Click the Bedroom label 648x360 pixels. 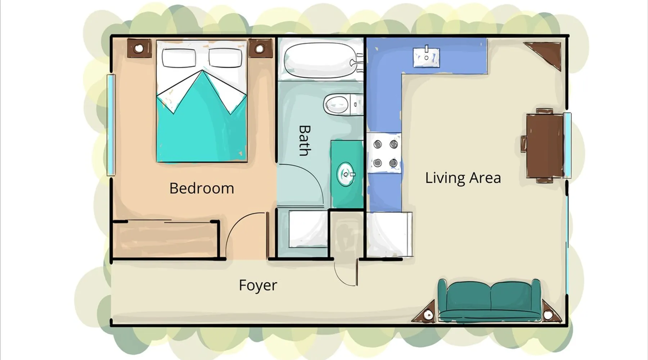point(202,188)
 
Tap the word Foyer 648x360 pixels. point(258,285)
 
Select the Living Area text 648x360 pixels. point(463,178)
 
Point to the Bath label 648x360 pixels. point(305,140)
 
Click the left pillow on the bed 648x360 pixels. point(179,58)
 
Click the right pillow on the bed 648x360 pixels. point(225,58)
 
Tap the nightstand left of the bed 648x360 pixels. point(139,48)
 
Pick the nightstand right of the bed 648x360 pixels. point(260,48)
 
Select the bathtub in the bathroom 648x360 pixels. point(320,59)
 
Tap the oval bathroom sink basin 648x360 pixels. point(346,174)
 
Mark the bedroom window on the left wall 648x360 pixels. point(111,125)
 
